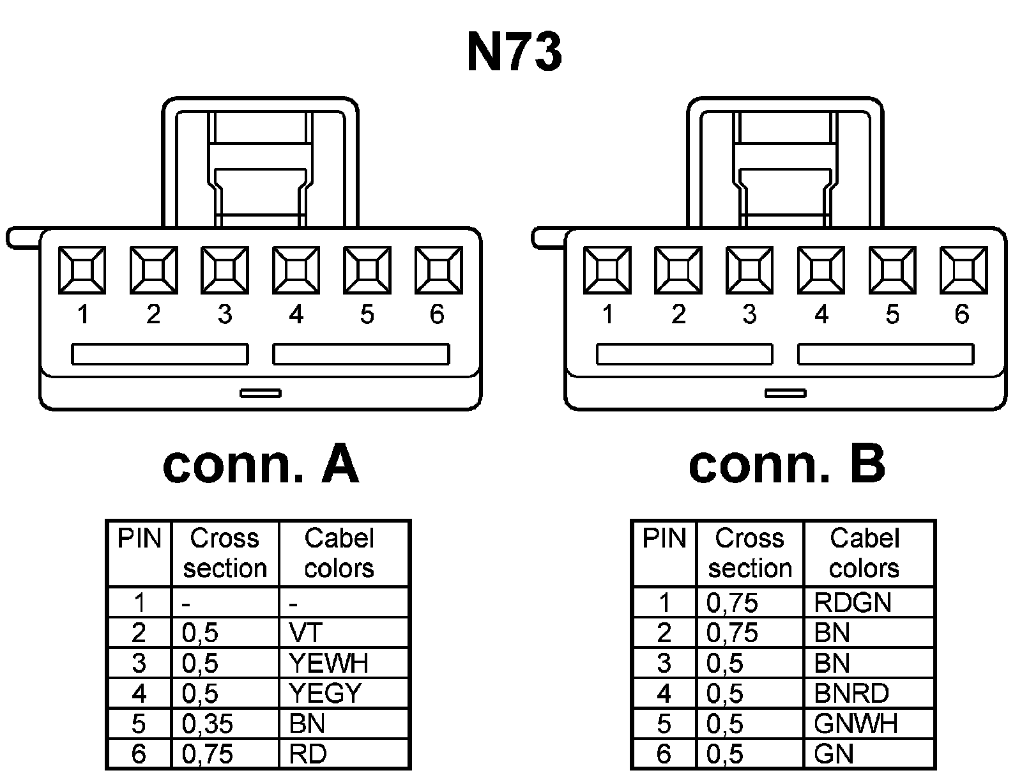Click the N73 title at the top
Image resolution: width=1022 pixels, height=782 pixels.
[x=514, y=52]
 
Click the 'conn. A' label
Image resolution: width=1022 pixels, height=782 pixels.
[x=261, y=464]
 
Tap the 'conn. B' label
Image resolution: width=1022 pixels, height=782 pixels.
[x=786, y=464]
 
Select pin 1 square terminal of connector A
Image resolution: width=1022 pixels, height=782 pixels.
[x=82, y=271]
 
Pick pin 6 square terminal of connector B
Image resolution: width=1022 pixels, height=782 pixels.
[x=963, y=271]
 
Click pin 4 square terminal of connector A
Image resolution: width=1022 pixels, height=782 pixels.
[x=296, y=271]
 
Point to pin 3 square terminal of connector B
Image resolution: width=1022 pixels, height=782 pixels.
[x=750, y=271]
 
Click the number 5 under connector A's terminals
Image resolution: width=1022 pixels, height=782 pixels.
[x=367, y=314]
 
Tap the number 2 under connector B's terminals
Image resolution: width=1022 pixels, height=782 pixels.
[x=678, y=314]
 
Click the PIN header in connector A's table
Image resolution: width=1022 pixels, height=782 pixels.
[x=139, y=539]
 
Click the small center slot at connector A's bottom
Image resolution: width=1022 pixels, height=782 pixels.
[x=261, y=393]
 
